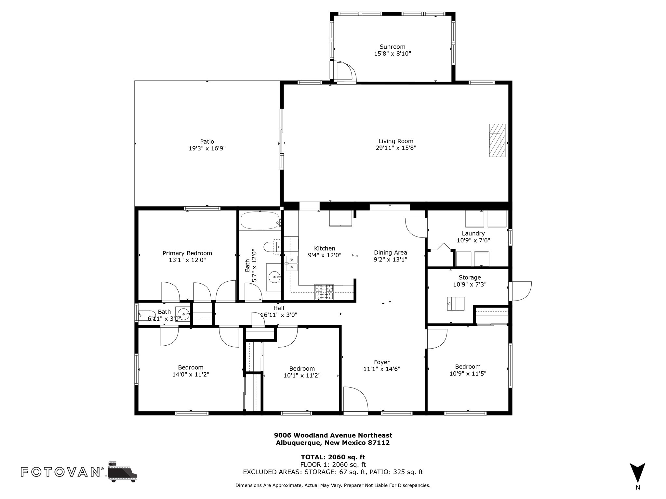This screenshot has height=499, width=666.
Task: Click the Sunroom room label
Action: [x=393, y=47]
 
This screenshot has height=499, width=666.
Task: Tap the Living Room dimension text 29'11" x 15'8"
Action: [x=396, y=148]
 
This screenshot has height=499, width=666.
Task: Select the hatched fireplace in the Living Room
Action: [x=497, y=140]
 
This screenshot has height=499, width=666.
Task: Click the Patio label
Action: [x=207, y=142]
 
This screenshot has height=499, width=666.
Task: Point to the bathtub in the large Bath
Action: [x=260, y=221]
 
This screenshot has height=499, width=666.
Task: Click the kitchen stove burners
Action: [x=324, y=292]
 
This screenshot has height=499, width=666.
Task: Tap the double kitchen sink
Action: [x=291, y=263]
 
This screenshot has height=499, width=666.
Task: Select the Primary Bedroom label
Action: [x=187, y=253]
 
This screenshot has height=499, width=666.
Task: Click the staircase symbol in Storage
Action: [x=455, y=304]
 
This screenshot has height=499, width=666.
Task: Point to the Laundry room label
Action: [x=473, y=234]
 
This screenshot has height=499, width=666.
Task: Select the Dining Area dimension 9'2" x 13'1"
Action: [x=390, y=260]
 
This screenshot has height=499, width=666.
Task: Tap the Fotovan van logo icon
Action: [x=122, y=471]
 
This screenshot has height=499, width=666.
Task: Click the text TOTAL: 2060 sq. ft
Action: [x=333, y=457]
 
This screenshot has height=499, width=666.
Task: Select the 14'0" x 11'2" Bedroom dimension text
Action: [x=191, y=375]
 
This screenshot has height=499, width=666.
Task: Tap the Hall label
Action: [x=279, y=308]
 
